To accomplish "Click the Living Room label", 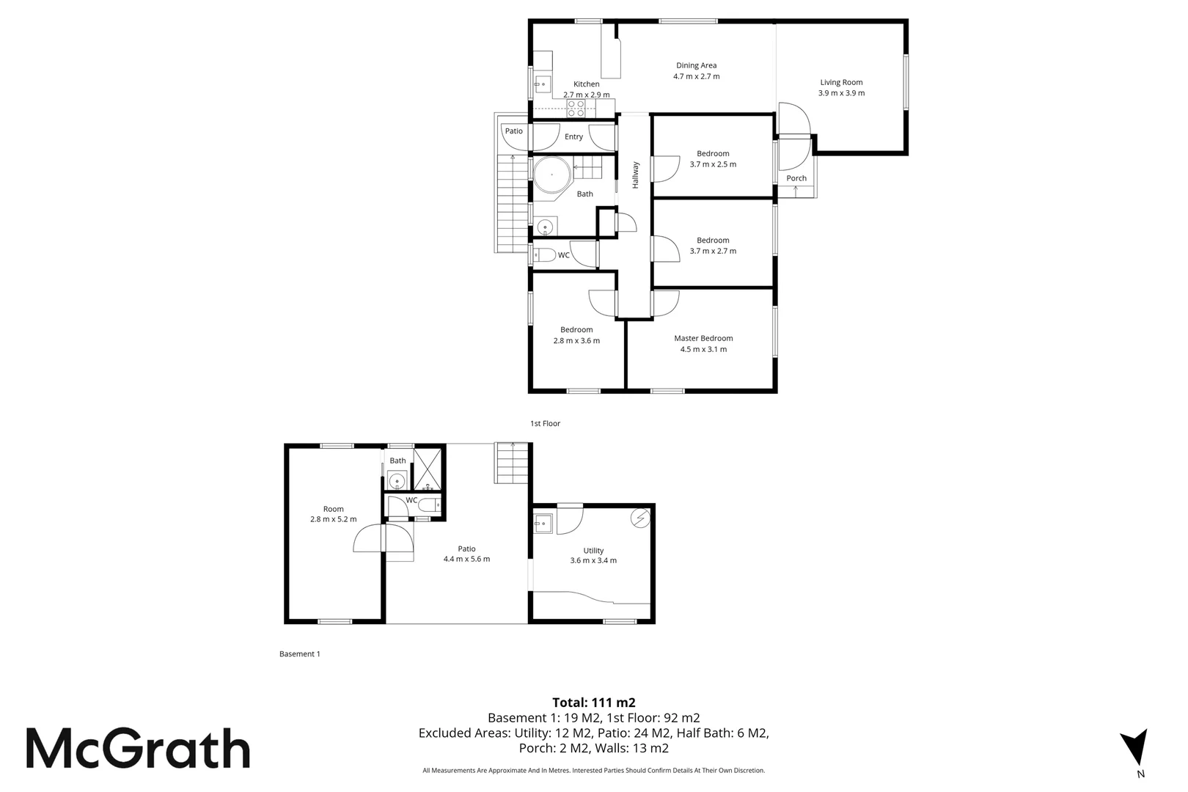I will click(841, 82).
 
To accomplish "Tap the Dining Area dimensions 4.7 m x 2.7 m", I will click(696, 76).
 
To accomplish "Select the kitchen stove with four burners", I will click(576, 109).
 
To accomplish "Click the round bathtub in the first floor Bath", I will click(551, 176).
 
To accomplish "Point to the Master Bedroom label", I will click(703, 338).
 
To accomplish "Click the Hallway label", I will click(636, 175).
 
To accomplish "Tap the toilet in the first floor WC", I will click(545, 255).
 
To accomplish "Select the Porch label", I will click(796, 178).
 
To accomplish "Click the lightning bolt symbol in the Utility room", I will click(641, 518).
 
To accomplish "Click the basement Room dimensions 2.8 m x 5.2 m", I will click(333, 519).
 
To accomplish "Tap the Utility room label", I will click(593, 551).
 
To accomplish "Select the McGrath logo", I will click(138, 748).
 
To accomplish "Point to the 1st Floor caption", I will click(545, 423).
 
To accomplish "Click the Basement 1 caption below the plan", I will click(299, 653).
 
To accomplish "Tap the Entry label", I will click(573, 136).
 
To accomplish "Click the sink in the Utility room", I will click(543, 523).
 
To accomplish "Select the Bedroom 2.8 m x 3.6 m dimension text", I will click(576, 340).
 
